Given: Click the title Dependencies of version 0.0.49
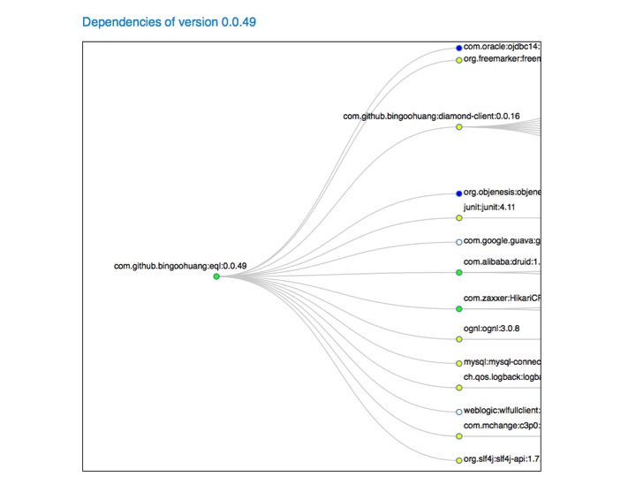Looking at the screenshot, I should point(169,21).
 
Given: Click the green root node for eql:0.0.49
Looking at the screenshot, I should point(216,276).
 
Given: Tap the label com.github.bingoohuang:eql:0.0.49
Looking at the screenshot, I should point(180,266).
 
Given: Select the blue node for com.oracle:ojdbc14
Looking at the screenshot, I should point(458,48).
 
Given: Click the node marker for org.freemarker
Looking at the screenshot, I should point(458,60).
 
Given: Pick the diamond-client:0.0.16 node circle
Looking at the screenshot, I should point(458,127).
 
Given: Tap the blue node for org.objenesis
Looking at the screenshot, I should point(458,193).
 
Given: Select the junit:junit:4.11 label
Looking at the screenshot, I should point(489,207).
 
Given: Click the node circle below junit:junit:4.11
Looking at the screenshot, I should point(458,217).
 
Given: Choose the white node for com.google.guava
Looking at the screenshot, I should point(458,241).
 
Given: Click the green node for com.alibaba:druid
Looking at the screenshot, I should point(458,272).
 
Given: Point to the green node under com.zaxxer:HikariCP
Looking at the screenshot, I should point(458,309).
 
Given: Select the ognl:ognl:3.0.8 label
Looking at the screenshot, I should point(491,329).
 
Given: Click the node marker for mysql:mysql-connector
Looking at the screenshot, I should point(458,363).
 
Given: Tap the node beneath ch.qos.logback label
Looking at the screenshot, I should point(458,388).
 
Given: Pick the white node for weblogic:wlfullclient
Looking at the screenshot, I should point(458,412).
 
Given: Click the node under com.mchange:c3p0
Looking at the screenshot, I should point(458,436).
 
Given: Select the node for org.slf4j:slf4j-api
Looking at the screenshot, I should point(458,460).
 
